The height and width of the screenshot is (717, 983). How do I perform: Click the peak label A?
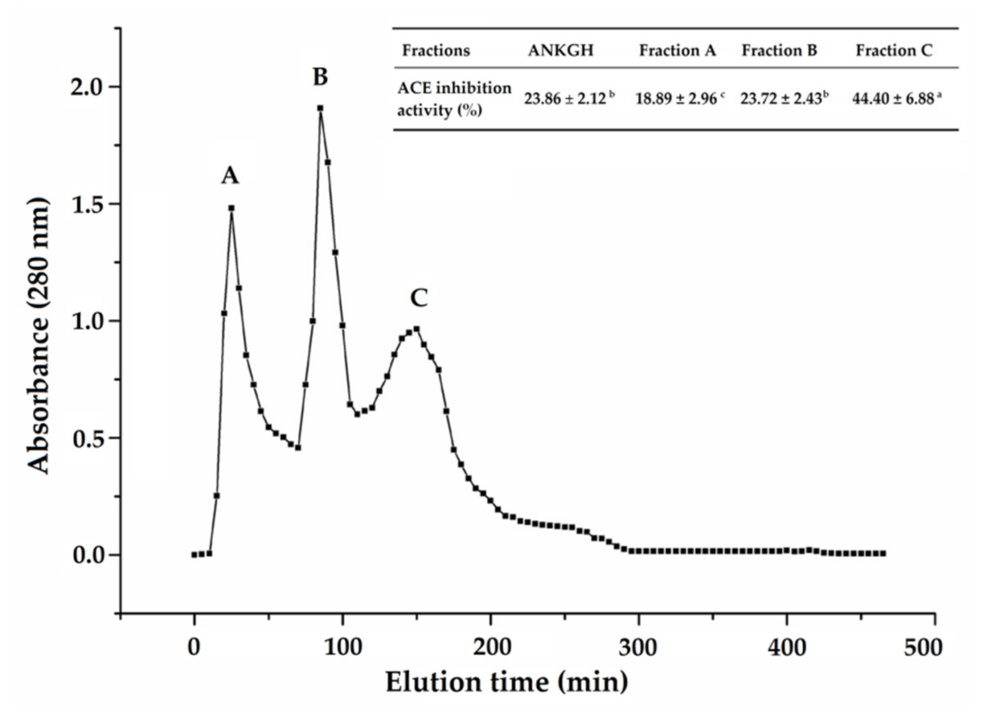click(x=230, y=175)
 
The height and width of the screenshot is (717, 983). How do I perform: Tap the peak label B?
click(x=320, y=77)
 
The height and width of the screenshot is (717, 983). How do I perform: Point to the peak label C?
click(x=419, y=298)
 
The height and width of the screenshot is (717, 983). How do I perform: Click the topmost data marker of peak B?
click(x=320, y=108)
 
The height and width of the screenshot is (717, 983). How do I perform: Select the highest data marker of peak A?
click(x=231, y=208)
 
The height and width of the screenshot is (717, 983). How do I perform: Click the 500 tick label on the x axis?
click(x=923, y=647)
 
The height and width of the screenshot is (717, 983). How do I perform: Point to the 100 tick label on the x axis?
click(x=343, y=647)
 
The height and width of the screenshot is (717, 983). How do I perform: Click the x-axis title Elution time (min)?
click(x=507, y=682)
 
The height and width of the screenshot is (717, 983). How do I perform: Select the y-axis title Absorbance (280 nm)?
click(x=38, y=336)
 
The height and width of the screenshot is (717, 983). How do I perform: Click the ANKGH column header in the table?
click(x=561, y=50)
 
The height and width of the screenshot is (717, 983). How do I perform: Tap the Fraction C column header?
click(x=894, y=50)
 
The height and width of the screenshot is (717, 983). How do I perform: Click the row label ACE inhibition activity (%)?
click(x=454, y=99)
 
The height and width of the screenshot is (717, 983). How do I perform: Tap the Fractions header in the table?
click(x=435, y=50)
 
